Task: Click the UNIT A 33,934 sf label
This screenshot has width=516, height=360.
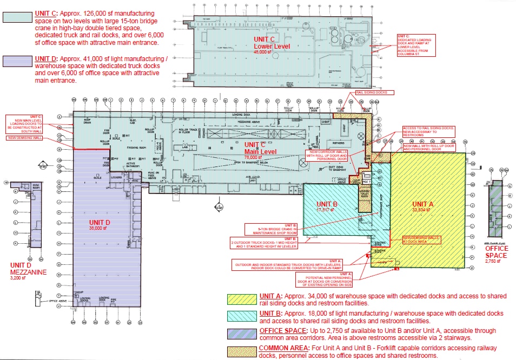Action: pyautogui.click(x=422, y=208)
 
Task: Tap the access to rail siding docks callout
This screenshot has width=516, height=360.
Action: pyautogui.click(x=428, y=132)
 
